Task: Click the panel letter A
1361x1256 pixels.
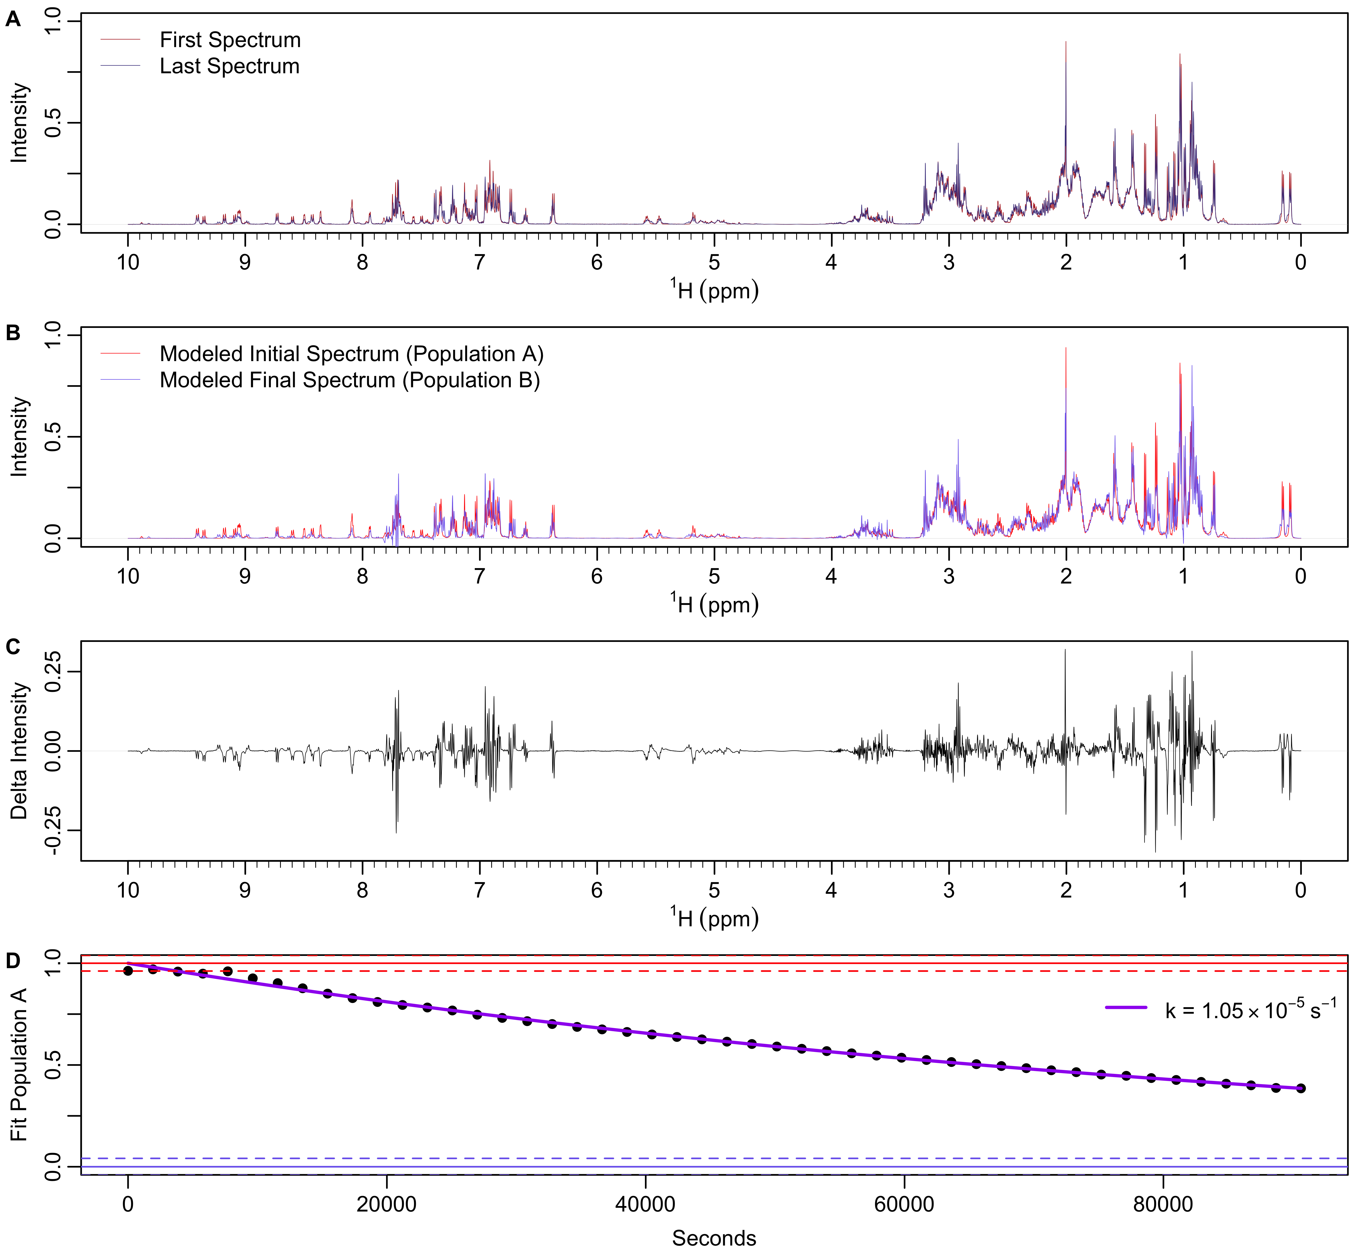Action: point(13,20)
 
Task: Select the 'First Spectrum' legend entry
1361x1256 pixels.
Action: point(230,40)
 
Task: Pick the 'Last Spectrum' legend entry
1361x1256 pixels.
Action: point(229,66)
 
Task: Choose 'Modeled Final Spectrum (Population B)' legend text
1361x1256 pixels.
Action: point(349,380)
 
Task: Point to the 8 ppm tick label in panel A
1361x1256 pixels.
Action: point(362,262)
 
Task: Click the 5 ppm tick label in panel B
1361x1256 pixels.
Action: point(714,576)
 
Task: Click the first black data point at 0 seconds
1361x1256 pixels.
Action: point(128,971)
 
